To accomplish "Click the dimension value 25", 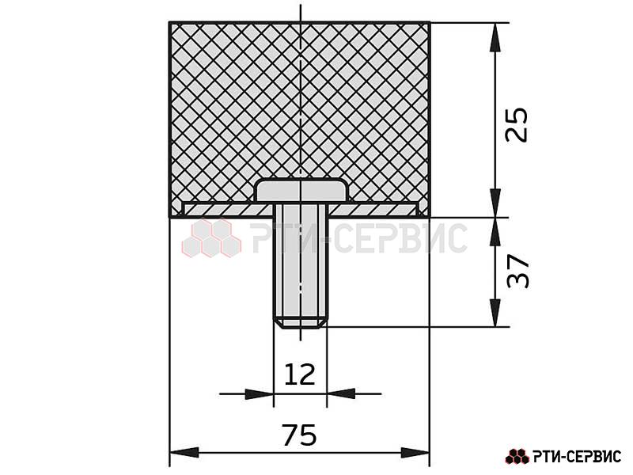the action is (x=517, y=124).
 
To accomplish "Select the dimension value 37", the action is (x=517, y=271).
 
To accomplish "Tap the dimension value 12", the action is (x=300, y=374).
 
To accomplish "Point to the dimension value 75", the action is (x=299, y=435).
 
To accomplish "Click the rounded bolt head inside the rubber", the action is (x=301, y=190).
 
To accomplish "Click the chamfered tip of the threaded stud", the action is (x=301, y=323).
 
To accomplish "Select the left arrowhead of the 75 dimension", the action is (x=184, y=453).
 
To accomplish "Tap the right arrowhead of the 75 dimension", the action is (x=415, y=453).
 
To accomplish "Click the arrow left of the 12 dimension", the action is (x=260, y=393).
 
